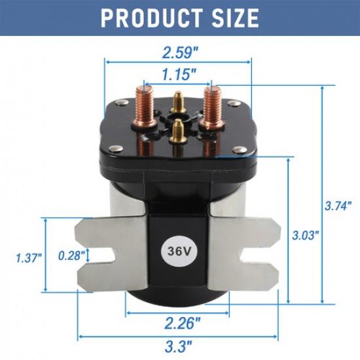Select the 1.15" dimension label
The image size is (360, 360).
tap(177, 74)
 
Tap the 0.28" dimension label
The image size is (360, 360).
tap(70, 256)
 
